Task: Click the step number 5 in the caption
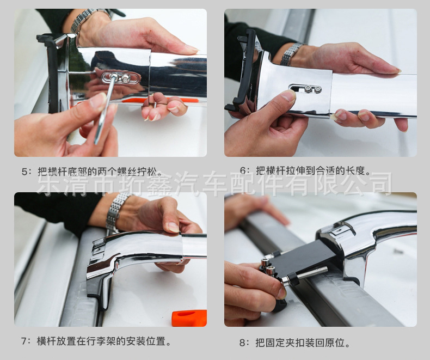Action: pos(24,172)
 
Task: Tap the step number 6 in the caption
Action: pos(243,170)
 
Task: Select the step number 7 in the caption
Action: pos(24,341)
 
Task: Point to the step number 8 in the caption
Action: pos(242,343)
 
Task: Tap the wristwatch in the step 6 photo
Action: pos(291,53)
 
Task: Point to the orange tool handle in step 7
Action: pos(189,318)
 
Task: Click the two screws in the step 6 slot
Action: pos(313,89)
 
